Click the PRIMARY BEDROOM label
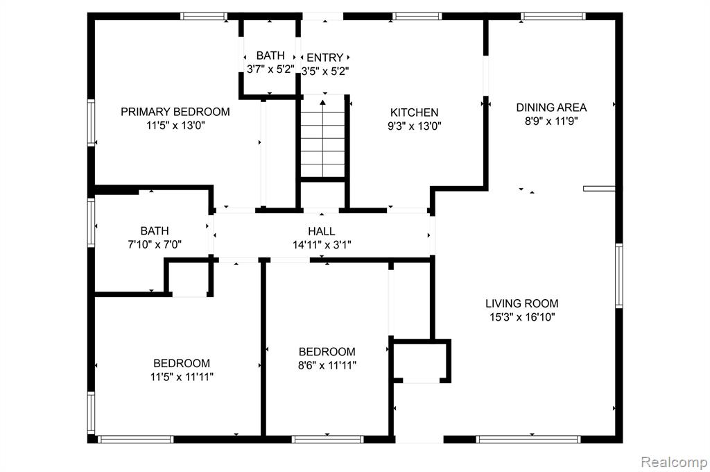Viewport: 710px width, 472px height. point(175,112)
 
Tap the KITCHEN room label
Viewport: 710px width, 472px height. point(415,112)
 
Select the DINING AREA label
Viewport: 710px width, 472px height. point(551,108)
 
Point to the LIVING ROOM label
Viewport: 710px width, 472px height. point(522,303)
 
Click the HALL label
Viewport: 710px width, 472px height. point(322,231)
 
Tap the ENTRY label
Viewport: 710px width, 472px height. point(324,58)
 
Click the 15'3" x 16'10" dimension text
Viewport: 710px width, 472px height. point(522,317)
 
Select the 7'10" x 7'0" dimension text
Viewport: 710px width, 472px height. point(155,245)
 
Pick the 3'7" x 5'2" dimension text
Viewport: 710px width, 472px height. point(270,69)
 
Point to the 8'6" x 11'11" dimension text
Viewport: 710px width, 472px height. point(327,365)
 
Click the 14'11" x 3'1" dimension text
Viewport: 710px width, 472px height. point(322,245)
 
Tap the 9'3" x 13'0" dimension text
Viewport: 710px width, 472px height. point(415,126)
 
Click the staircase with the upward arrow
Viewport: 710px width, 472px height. point(323,138)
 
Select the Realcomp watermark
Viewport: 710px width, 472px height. point(674,462)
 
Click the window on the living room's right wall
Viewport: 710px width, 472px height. point(618,276)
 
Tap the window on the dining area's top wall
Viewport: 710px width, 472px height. point(553,17)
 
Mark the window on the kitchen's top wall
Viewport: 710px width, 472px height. point(417,17)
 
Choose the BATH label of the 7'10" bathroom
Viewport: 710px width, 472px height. point(155,231)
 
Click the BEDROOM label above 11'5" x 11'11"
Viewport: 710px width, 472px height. point(182,363)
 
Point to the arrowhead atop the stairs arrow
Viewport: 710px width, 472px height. point(323,103)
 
